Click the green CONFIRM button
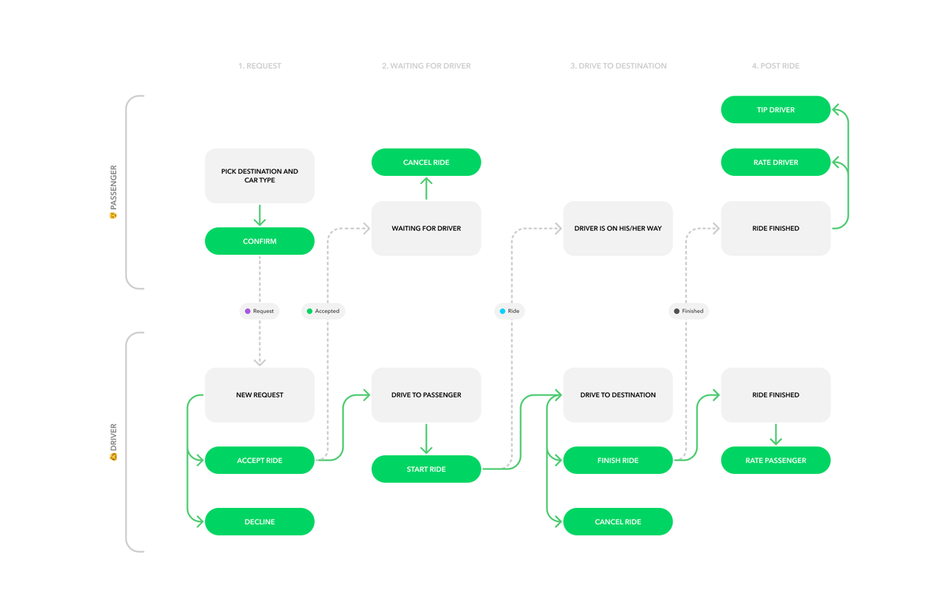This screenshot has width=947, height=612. tap(260, 241)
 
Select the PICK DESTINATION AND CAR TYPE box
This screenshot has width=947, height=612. tap(260, 176)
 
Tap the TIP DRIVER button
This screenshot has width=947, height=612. tap(776, 110)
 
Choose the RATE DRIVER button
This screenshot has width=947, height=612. tap(776, 162)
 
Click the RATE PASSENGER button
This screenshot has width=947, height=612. tap(776, 461)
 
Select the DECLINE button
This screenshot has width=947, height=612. tap(260, 522)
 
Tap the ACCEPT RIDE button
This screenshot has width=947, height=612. tap(260, 461)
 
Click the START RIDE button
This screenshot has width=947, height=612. tap(426, 469)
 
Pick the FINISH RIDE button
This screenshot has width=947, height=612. tap(618, 461)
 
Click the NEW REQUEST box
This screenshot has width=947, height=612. tap(260, 395)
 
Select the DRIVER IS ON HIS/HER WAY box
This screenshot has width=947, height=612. tap(618, 229)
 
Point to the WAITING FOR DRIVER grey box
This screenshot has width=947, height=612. tap(426, 229)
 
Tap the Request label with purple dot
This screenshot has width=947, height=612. tap(260, 312)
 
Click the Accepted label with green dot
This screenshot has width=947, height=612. tap(323, 312)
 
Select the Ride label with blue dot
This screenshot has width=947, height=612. tap(509, 312)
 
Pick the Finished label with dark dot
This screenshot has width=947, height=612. tap(688, 312)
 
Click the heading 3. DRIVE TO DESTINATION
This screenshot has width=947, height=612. tap(618, 66)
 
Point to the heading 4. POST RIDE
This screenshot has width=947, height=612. tap(775, 66)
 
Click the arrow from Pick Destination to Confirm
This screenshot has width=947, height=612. tap(260, 215)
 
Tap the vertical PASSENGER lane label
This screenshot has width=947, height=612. tap(114, 192)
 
